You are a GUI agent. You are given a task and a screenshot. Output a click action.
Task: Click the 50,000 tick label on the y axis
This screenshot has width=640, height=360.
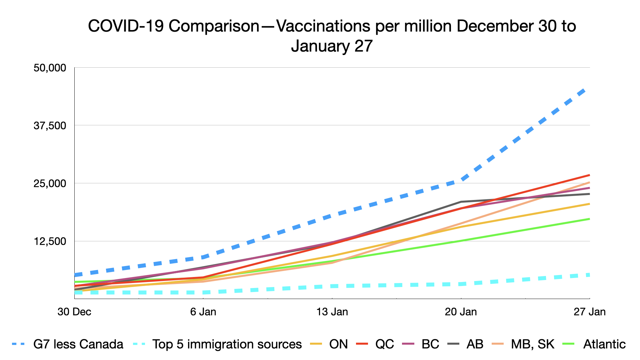pyautogui.click(x=50, y=68)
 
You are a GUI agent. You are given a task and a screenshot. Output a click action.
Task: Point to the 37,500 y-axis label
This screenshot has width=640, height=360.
pyautogui.click(x=50, y=126)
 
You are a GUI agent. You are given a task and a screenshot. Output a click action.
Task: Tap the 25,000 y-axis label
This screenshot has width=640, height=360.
pyautogui.click(x=50, y=184)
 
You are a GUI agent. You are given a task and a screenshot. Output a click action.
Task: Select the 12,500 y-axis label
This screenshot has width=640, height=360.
pyautogui.click(x=50, y=241)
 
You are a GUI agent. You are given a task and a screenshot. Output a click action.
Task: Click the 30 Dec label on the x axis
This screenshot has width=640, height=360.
pyautogui.click(x=74, y=312)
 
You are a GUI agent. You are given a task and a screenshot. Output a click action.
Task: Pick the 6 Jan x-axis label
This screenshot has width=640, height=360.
pyautogui.click(x=203, y=312)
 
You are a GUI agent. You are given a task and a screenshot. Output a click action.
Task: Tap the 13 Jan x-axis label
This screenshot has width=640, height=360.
pyautogui.click(x=332, y=312)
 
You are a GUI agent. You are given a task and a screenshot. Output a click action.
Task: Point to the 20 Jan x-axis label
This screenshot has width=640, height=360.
pyautogui.click(x=461, y=312)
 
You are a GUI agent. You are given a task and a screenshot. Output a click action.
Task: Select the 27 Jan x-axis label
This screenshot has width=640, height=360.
pyautogui.click(x=589, y=312)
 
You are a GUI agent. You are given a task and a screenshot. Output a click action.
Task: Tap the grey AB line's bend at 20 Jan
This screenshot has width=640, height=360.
pyautogui.click(x=461, y=202)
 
